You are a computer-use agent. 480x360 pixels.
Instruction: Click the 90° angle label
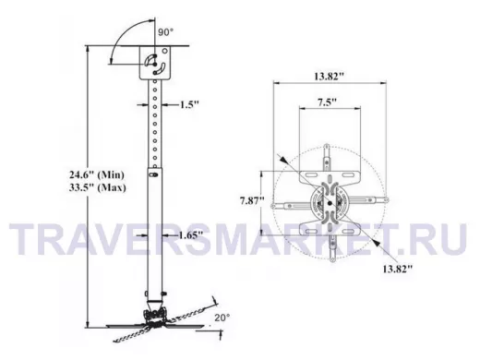[165, 31]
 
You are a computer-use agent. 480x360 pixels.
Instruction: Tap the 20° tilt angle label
[222, 318]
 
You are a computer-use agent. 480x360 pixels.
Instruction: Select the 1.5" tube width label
[189, 104]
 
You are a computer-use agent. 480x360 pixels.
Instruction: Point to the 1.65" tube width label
[191, 235]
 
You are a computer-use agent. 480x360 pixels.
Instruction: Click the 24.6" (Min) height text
[97, 174]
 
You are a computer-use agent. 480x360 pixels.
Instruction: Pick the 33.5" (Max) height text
[98, 187]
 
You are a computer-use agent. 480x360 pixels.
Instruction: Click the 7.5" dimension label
[327, 102]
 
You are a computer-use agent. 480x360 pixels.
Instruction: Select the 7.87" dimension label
[252, 200]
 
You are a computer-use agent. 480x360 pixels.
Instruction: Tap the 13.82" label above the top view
[329, 76]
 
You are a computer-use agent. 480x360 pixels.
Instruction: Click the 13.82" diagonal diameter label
[397, 269]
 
